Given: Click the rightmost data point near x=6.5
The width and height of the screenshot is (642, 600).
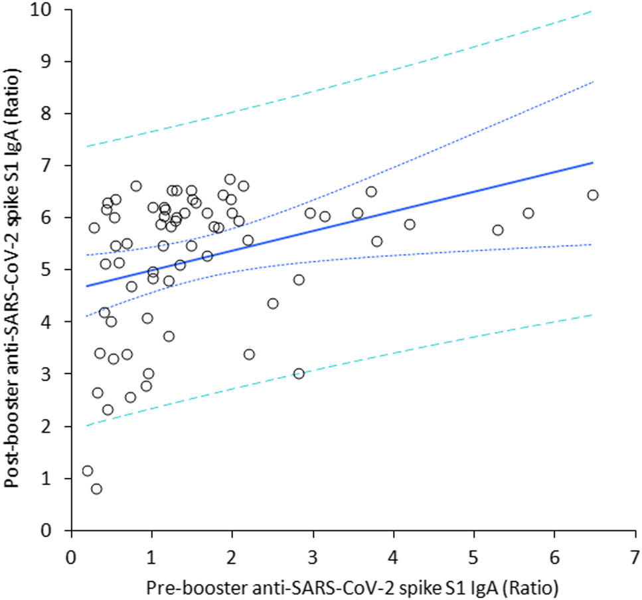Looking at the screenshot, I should click(x=593, y=194).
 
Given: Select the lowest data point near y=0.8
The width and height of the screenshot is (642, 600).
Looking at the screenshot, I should click(x=96, y=488).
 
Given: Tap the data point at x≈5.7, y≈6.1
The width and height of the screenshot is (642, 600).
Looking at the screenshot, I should click(x=528, y=213).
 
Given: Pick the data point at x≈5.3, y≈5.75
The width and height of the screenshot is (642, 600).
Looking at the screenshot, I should click(x=498, y=230).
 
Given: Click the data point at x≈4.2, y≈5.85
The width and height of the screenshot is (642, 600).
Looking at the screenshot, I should click(x=410, y=224).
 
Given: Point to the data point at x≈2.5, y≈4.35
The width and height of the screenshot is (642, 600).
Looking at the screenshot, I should click(x=273, y=303).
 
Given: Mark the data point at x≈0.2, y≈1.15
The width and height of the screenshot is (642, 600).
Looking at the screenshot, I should click(x=88, y=471).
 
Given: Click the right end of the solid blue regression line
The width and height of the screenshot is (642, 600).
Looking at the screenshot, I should click(x=592, y=162).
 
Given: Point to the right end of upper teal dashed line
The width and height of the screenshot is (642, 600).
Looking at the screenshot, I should click(x=591, y=11).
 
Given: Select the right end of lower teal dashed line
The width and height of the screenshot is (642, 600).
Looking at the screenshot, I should click(x=591, y=315).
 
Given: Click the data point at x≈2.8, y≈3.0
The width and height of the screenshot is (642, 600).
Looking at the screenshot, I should click(x=299, y=374).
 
